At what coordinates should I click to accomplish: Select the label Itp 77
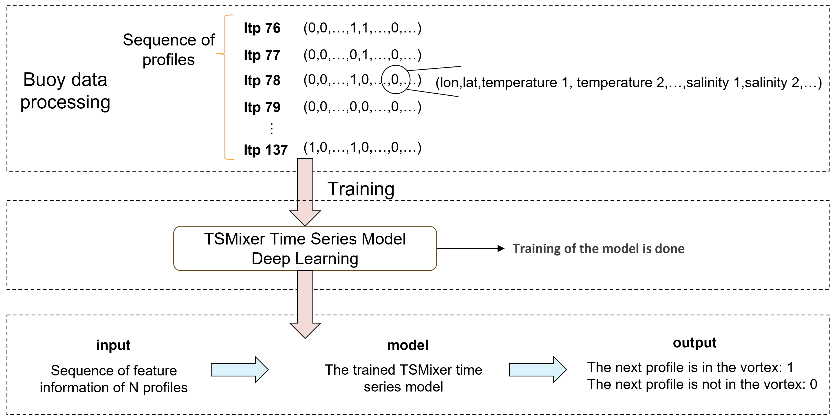262,55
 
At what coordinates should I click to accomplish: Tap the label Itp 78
262,81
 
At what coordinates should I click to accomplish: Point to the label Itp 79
262,107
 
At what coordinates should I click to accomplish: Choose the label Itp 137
265,150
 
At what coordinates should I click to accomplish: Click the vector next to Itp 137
362,148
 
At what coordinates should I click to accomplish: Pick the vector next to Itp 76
362,28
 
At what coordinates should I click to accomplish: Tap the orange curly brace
225,87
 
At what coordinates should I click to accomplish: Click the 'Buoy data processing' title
65,91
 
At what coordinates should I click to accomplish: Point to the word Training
361,189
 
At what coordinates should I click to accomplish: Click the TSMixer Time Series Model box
305,249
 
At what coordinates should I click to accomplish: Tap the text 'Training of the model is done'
598,249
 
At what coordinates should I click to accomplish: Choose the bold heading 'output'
695,343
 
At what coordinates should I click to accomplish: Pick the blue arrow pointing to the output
537,370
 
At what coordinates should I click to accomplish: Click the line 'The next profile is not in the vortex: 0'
702,384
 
